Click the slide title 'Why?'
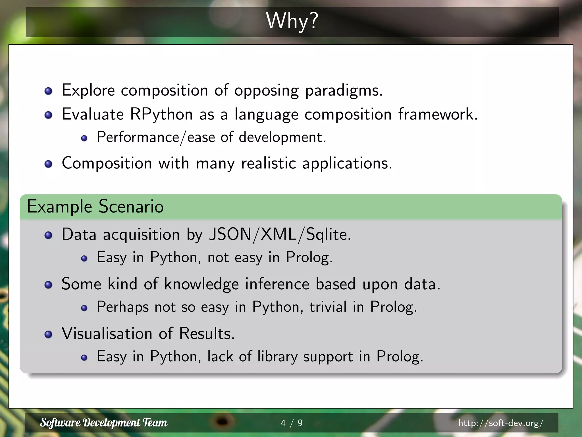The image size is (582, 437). [292, 21]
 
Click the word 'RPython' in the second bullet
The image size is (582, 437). [161, 114]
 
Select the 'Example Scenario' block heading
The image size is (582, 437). [95, 207]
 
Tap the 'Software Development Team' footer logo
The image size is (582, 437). [104, 423]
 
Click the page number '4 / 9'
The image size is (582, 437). [292, 423]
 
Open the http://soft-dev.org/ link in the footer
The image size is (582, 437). [500, 423]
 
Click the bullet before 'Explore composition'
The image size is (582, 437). [49, 91]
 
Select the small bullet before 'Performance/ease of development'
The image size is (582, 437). [84, 139]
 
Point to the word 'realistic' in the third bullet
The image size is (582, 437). [269, 164]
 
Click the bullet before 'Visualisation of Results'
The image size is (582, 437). [49, 335]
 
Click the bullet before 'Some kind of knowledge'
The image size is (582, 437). [49, 285]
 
